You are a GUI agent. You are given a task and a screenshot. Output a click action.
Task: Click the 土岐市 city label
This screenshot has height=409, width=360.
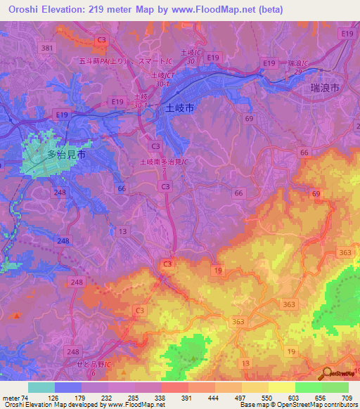(x=179, y=109)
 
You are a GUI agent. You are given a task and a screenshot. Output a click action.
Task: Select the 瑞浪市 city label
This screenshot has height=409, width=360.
(x=325, y=89)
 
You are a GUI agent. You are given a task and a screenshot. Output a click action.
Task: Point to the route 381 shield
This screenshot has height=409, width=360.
(x=48, y=48)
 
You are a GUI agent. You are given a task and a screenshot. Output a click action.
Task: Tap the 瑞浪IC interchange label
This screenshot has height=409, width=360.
(x=299, y=64)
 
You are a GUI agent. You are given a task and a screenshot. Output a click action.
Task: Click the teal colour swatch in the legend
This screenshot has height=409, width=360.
(x=41, y=387)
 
